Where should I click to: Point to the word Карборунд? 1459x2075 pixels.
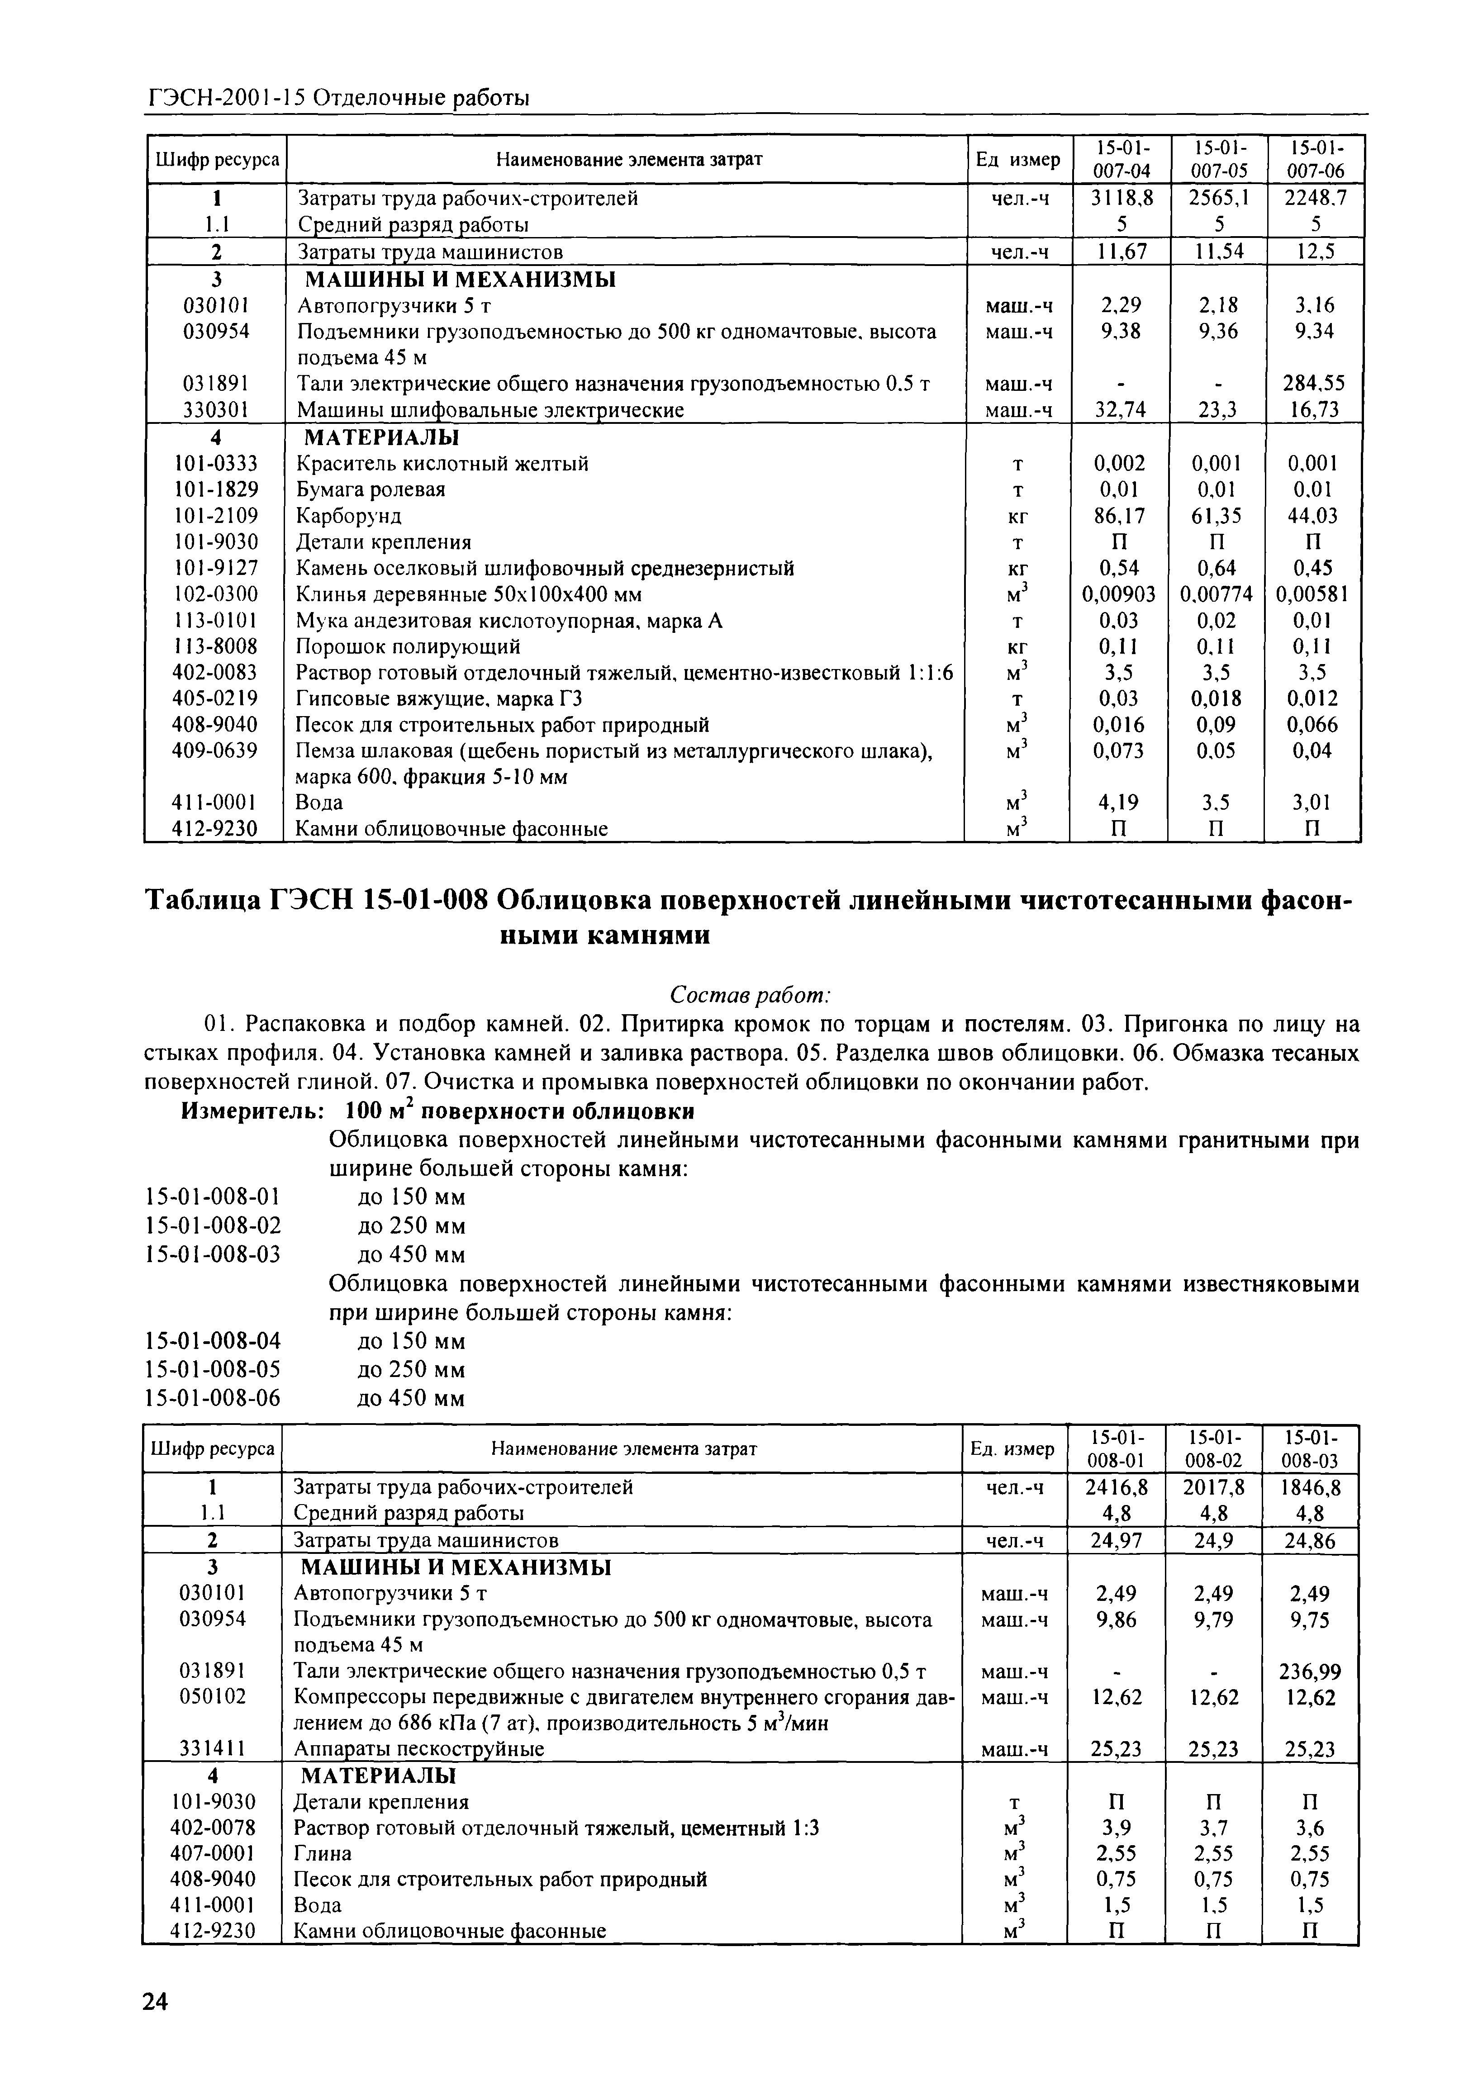tap(349, 516)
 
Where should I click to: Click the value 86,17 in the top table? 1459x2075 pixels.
tap(1119, 516)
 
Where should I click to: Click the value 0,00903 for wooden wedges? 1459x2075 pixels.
tap(1119, 595)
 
